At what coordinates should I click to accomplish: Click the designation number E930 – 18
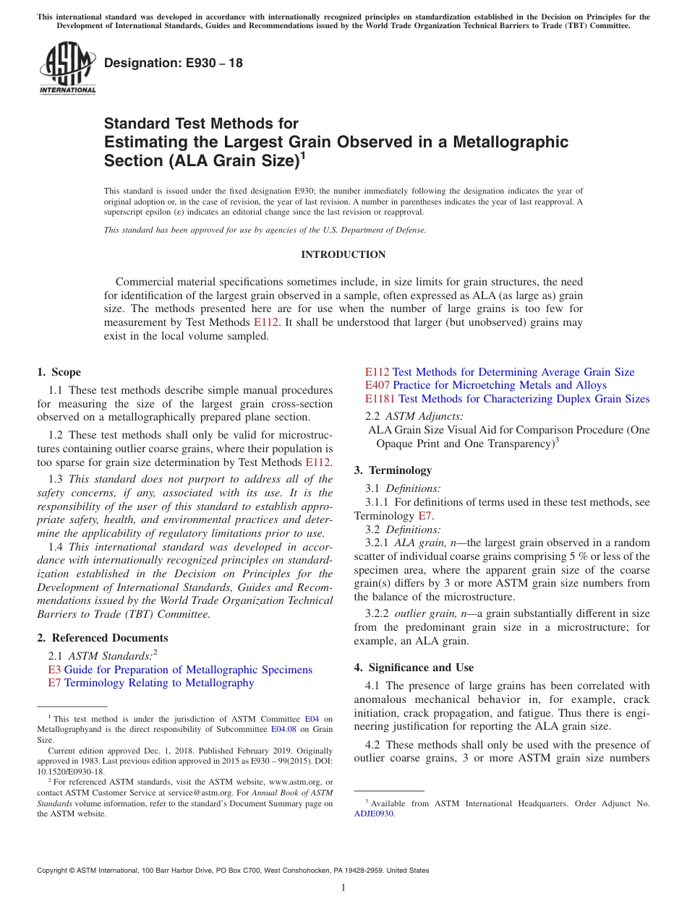(174, 64)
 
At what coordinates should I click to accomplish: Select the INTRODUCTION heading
(343, 254)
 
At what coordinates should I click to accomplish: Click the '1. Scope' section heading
(59, 372)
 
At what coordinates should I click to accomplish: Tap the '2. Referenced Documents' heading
(103, 638)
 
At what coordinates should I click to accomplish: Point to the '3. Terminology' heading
(393, 470)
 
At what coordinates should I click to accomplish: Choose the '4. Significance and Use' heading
(414, 668)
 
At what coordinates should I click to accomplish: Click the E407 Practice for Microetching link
(485, 385)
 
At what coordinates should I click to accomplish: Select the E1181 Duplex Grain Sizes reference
(507, 399)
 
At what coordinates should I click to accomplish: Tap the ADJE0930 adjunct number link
(374, 813)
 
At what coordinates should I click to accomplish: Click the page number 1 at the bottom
(343, 887)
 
